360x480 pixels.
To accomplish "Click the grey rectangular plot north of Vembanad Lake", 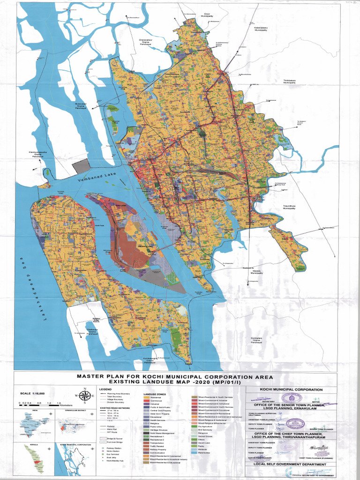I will click(x=80, y=166).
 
